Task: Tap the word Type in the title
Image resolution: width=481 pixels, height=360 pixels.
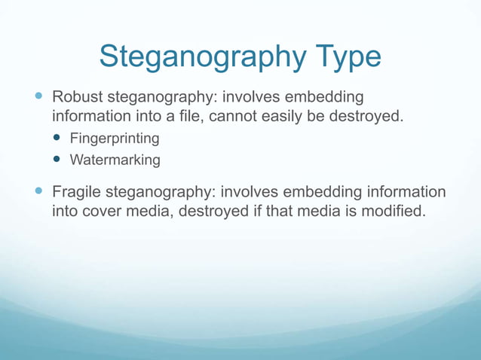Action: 344,56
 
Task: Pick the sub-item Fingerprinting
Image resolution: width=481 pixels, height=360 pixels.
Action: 115,139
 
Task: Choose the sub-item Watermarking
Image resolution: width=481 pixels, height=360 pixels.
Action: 115,160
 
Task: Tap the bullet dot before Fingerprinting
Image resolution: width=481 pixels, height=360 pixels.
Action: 57,139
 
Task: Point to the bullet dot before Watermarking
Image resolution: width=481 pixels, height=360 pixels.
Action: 57,160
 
